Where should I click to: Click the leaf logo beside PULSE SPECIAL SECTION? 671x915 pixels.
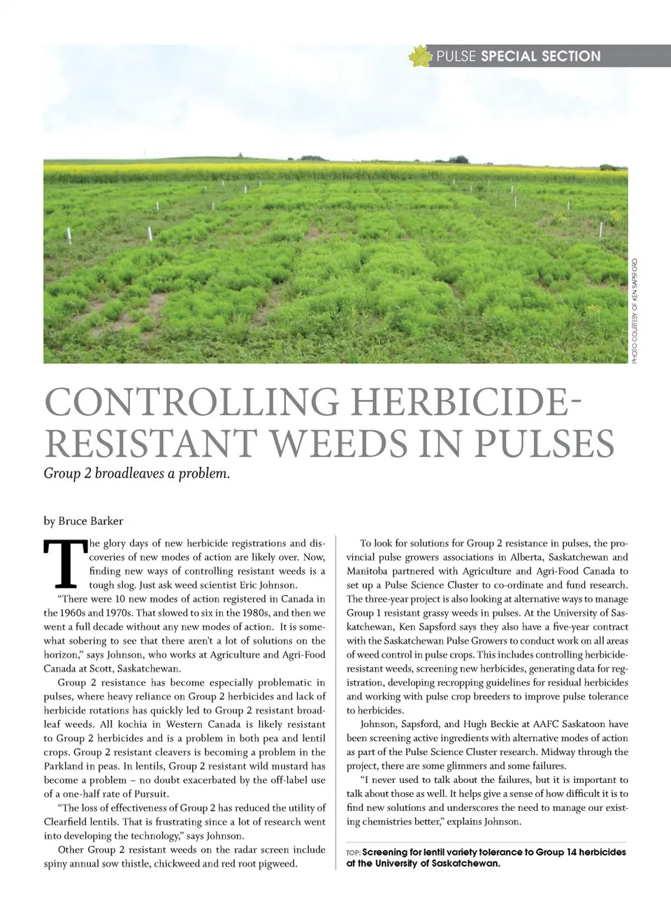(421, 56)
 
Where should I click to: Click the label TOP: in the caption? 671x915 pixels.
(353, 853)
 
